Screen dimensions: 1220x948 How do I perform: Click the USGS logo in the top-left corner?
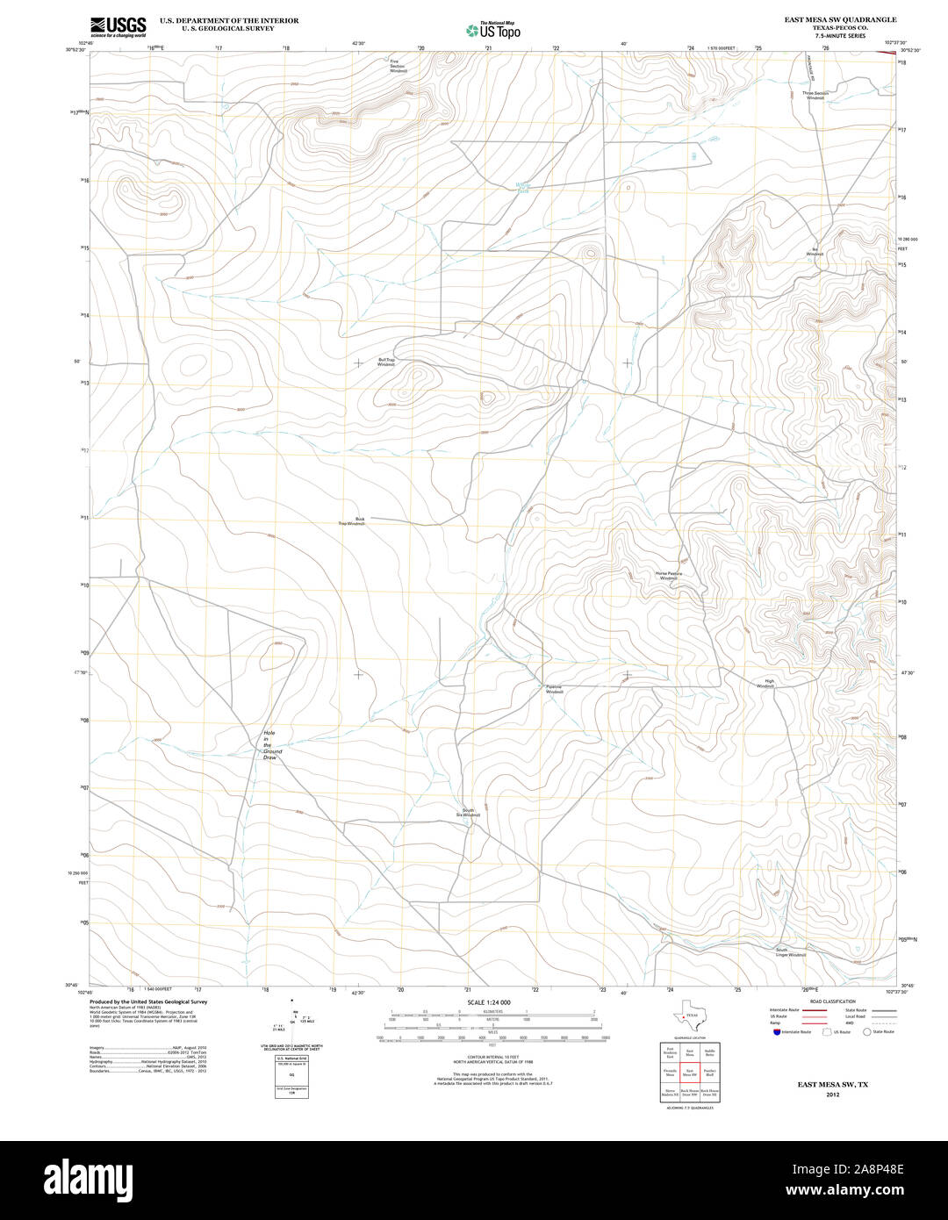point(118,26)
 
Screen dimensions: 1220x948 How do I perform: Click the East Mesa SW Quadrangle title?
point(828,18)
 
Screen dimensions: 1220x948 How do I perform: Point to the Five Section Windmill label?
point(399,66)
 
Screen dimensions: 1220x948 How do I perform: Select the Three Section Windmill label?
point(815,95)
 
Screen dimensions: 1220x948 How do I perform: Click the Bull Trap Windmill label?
point(387,362)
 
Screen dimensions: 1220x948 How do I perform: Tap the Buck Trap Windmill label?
point(353,520)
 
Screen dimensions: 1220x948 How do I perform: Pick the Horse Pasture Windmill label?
point(668,576)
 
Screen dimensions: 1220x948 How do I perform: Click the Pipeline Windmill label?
point(554,689)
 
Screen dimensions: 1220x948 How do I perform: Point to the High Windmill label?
point(766,683)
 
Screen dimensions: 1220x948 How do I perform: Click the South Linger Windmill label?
point(790,952)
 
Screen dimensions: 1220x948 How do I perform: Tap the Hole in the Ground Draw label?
point(272,745)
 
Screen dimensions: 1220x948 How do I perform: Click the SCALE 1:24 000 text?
point(489,1002)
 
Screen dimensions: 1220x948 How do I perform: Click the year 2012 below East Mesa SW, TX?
point(832,1094)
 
